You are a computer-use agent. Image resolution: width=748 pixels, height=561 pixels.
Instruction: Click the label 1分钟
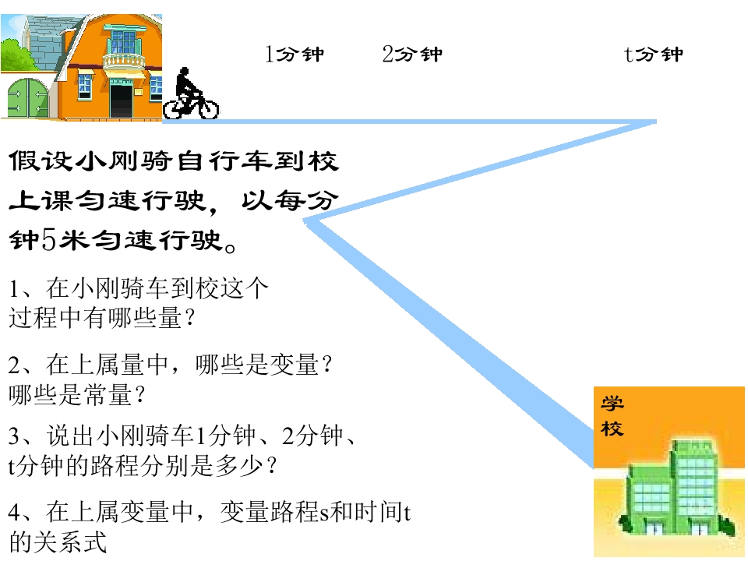[x=295, y=54]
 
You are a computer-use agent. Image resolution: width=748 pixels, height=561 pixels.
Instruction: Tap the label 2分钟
[x=412, y=54]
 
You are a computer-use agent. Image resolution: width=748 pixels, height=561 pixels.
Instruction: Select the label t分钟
[x=654, y=54]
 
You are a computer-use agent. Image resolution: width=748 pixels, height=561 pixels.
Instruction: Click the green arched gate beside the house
[x=28, y=98]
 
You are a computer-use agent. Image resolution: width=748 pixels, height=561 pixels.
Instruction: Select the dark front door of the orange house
[x=122, y=101]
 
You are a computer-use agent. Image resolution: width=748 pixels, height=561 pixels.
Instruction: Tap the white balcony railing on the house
[x=124, y=61]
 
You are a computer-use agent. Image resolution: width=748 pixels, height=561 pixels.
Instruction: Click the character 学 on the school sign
[x=612, y=403]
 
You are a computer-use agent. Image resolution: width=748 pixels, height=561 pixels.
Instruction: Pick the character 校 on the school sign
[x=612, y=428]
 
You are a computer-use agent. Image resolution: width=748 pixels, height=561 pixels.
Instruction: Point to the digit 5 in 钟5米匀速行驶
[x=49, y=239]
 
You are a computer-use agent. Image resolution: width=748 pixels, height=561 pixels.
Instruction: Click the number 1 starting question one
[x=15, y=288]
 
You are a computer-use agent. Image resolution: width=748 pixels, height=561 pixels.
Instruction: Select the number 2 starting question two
[x=14, y=365]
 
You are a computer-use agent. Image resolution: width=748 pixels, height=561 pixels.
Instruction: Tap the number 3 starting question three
[x=14, y=436]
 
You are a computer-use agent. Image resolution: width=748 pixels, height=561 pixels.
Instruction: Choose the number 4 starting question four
[x=14, y=513]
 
